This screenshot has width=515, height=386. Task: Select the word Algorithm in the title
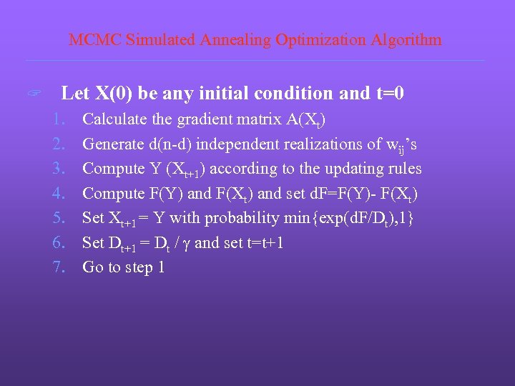click(406, 40)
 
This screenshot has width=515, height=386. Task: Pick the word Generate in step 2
click(113, 144)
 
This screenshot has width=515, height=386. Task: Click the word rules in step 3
click(403, 169)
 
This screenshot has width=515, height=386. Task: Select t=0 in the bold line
click(391, 93)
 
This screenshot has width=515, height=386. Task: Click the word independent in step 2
click(240, 144)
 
